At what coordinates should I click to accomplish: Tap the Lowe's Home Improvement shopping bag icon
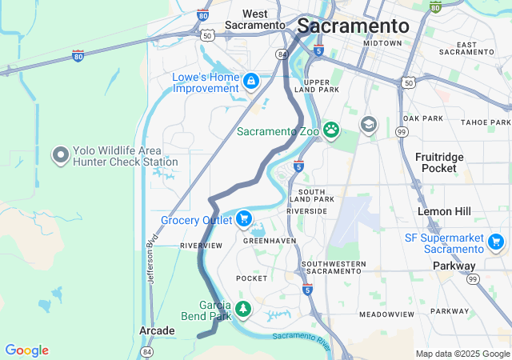click(x=251, y=81)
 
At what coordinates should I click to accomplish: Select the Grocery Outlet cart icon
click(x=243, y=219)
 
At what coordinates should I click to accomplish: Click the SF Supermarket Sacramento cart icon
click(x=496, y=242)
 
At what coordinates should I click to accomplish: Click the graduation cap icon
click(x=368, y=125)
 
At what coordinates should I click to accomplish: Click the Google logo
click(x=26, y=350)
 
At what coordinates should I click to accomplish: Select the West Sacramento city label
click(x=255, y=19)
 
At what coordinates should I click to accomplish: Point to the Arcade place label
click(x=156, y=330)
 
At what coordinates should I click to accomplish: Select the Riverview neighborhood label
click(x=201, y=245)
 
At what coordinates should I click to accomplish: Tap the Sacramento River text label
click(x=301, y=340)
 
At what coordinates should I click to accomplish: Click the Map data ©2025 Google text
click(x=462, y=354)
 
